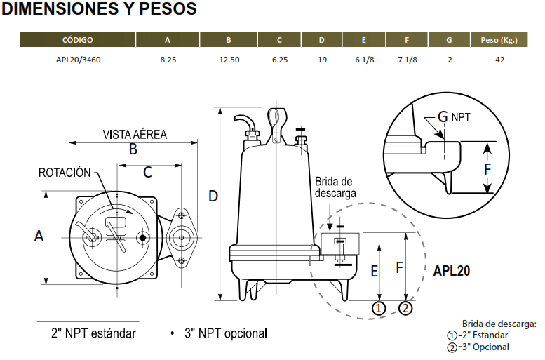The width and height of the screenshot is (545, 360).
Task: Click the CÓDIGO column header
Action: click(78, 40)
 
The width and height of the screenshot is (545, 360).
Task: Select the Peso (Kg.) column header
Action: click(499, 40)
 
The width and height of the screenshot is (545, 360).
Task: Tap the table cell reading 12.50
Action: click(229, 60)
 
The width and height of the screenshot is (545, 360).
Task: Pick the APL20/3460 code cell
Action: click(78, 60)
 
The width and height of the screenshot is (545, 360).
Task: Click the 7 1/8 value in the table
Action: click(408, 60)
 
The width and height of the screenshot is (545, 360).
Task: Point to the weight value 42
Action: click(499, 60)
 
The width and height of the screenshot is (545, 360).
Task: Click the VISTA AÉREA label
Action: click(135, 134)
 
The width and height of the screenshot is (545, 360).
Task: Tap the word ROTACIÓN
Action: click(65, 173)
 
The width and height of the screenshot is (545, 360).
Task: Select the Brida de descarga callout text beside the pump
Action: click(335, 187)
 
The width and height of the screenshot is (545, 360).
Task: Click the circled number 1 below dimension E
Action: click(379, 308)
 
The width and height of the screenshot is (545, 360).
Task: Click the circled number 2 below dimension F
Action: click(405, 308)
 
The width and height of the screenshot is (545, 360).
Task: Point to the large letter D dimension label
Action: click(213, 196)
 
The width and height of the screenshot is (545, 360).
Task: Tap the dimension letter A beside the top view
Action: click(39, 236)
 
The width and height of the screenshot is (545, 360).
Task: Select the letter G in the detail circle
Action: click(443, 117)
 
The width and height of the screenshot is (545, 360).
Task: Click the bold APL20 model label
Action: click(452, 271)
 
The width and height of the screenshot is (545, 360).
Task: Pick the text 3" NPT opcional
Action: click(226, 333)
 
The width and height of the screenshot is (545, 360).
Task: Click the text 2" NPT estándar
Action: click(93, 333)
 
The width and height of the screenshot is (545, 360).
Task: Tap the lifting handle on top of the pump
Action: click(276, 126)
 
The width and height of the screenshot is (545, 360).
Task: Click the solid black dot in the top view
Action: click(142, 238)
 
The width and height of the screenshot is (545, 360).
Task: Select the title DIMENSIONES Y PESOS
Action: click(99, 8)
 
